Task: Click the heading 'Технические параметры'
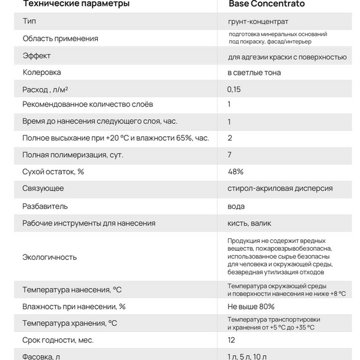[x=75, y=4]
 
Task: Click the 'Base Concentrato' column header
[x=266, y=4]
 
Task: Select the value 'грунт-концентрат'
[x=253, y=22]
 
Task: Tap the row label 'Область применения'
[x=60, y=38]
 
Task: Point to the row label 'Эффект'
[x=37, y=56]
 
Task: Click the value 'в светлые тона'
[x=254, y=73]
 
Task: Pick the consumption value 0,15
[x=233, y=89]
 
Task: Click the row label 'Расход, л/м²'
[x=45, y=89]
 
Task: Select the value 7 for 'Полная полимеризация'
[x=230, y=155]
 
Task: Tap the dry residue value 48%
[x=235, y=172]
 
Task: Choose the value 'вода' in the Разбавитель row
[x=236, y=206]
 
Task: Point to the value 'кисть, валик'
[x=249, y=223]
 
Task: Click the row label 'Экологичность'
[x=50, y=257]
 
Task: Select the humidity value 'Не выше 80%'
[x=251, y=307]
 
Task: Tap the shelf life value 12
[x=232, y=340]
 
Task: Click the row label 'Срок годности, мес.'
[x=58, y=340]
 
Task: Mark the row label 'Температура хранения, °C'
[x=70, y=323]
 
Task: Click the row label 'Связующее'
[x=43, y=188]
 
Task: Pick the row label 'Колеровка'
[x=42, y=73]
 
